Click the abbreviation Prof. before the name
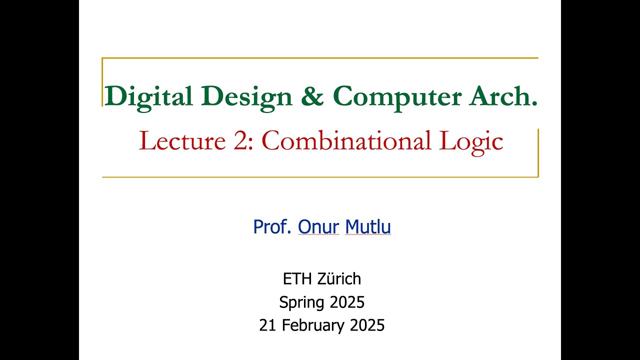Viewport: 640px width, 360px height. (x=273, y=227)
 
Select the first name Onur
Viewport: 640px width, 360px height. (x=318, y=227)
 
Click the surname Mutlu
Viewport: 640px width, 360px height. (x=368, y=227)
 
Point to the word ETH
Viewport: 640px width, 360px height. (x=294, y=278)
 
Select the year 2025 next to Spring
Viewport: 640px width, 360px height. (x=346, y=302)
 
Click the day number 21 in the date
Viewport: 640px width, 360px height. (x=268, y=325)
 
